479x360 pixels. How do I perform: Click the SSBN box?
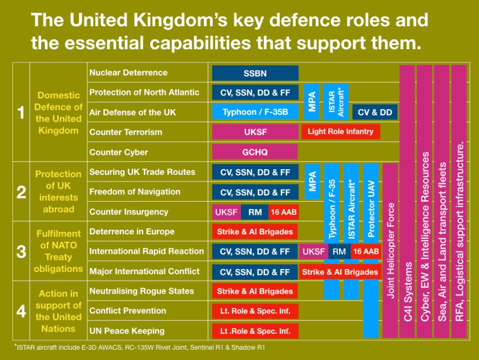coord(255,73)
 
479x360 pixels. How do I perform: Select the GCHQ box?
coord(255,152)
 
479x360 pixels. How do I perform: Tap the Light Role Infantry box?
coord(340,132)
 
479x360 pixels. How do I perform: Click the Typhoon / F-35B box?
coord(255,112)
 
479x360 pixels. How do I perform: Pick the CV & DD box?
coord(375,112)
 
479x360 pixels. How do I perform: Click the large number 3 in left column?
coord(21,251)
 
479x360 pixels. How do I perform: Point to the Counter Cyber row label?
coord(119,152)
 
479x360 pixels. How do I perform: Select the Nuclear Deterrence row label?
coord(128,73)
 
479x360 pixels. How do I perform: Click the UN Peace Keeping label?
coord(127,330)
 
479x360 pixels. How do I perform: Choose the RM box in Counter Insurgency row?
coord(255,212)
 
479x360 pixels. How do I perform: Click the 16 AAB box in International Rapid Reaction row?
coord(365,251)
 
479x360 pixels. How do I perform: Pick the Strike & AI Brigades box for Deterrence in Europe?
coord(255,232)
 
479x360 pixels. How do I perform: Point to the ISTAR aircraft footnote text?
coord(140,347)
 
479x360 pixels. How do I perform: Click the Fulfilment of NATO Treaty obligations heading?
coord(58,251)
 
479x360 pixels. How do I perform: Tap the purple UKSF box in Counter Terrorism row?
coord(255,132)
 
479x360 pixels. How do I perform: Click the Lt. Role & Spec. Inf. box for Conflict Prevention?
coord(255,311)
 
